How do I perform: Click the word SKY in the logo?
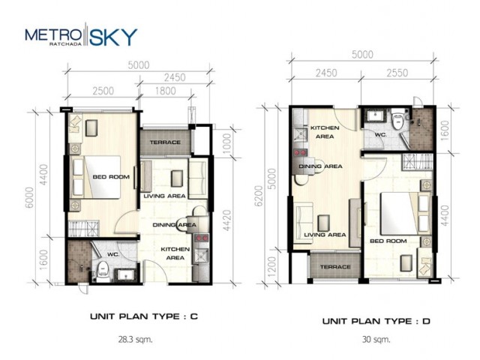[x=113, y=37]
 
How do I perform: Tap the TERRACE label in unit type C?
[x=165, y=142]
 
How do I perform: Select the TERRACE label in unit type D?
[x=335, y=267]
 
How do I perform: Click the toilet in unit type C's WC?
[x=103, y=271]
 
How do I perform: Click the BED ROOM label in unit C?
[x=111, y=177]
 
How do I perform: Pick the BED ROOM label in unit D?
[x=388, y=241]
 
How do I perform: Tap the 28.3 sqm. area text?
[x=135, y=340]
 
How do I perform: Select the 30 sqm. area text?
[x=376, y=340]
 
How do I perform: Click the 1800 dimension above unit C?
[x=165, y=91]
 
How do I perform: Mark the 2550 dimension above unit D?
[x=397, y=73]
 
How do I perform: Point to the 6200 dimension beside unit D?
[x=259, y=196]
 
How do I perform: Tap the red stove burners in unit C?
[x=202, y=238]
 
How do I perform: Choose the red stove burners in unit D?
[x=300, y=152]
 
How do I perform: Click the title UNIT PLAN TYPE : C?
[x=144, y=316]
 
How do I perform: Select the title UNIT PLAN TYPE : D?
[x=376, y=321]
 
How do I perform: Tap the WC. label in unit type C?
[x=113, y=255]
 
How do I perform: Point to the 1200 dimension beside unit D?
[x=271, y=265]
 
